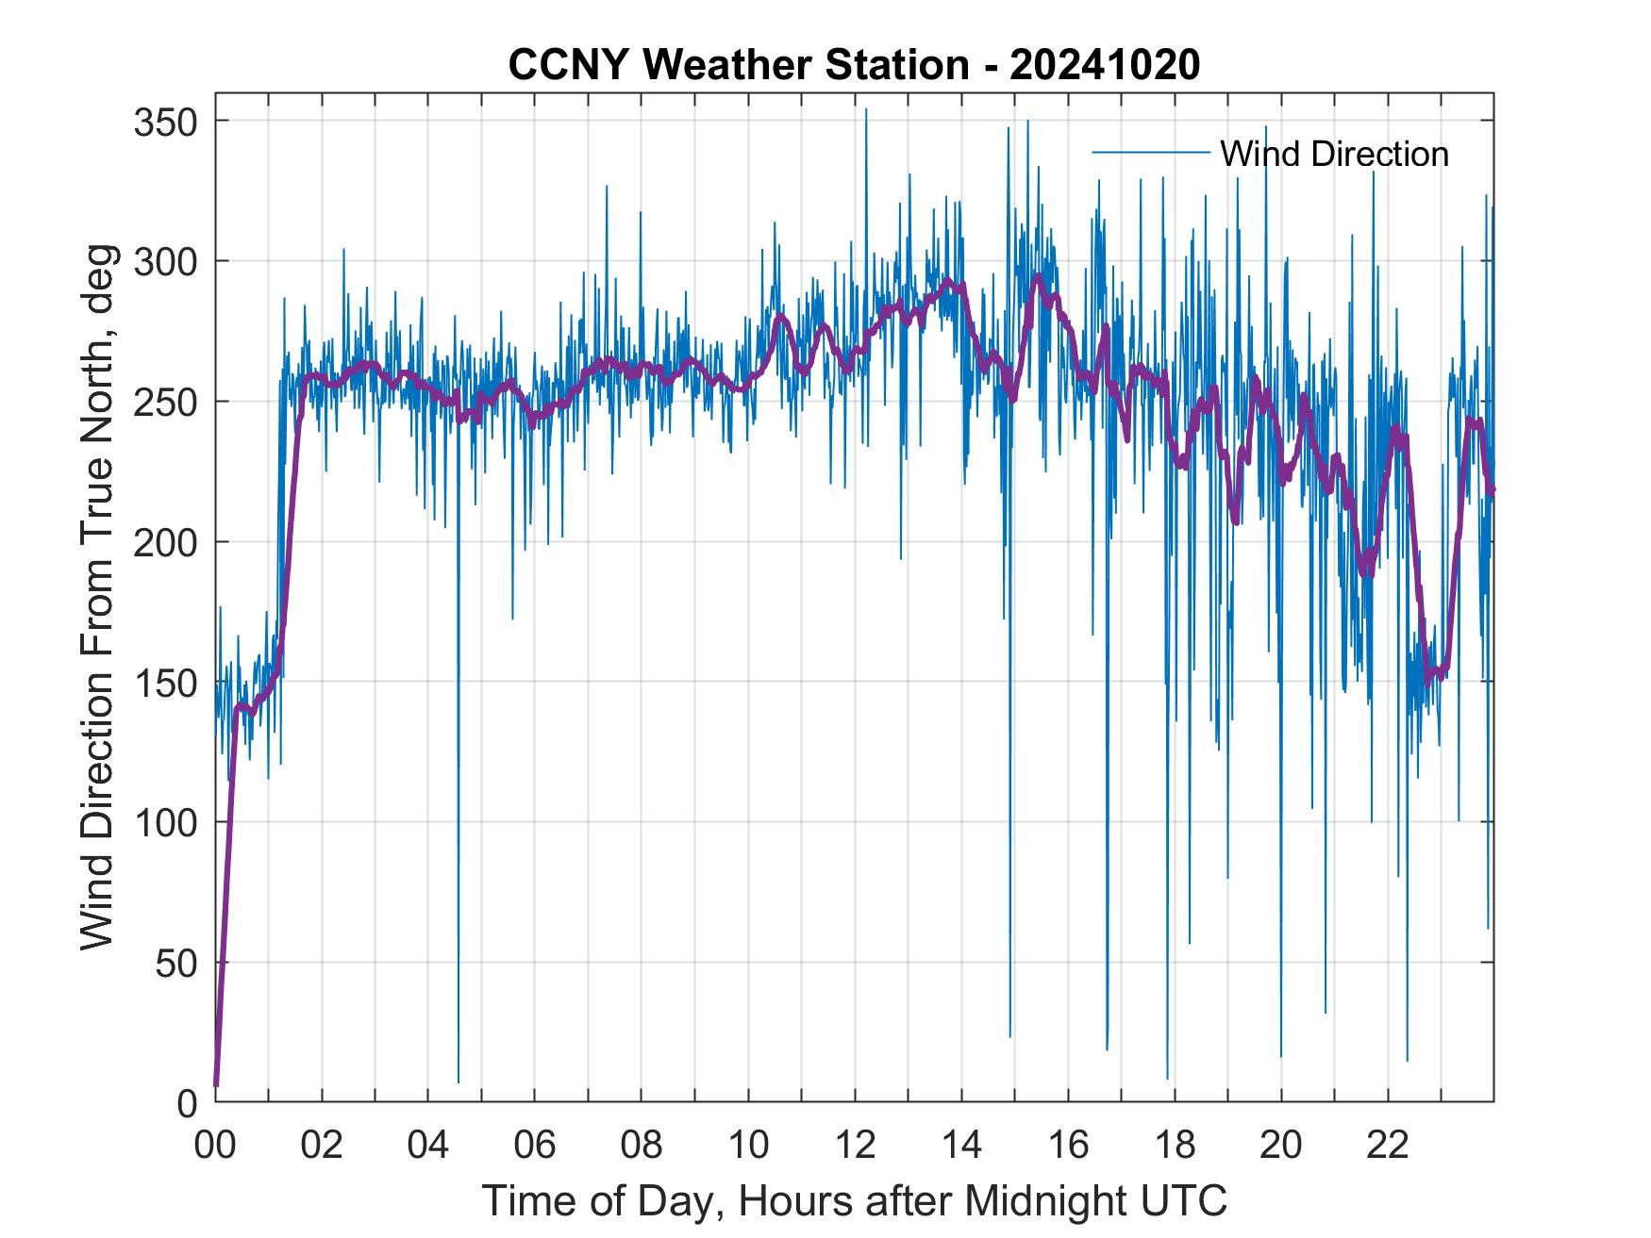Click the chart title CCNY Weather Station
[x=854, y=65]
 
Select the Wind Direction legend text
[x=1334, y=154]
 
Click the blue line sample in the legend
[x=1150, y=153]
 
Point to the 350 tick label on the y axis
[x=165, y=122]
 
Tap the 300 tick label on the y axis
[x=165, y=261]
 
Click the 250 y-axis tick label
[x=165, y=402]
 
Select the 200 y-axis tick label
[x=165, y=542]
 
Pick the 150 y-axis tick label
[x=165, y=682]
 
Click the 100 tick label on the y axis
[x=165, y=822]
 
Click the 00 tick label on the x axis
[x=215, y=1146]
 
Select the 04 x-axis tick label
[x=428, y=1146]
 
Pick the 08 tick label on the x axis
[x=642, y=1146]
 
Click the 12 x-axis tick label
[x=855, y=1146]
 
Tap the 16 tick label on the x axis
[x=1068, y=1146]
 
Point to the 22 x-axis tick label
[x=1388, y=1146]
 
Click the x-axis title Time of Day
[x=855, y=1200]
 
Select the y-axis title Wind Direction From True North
[x=97, y=598]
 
